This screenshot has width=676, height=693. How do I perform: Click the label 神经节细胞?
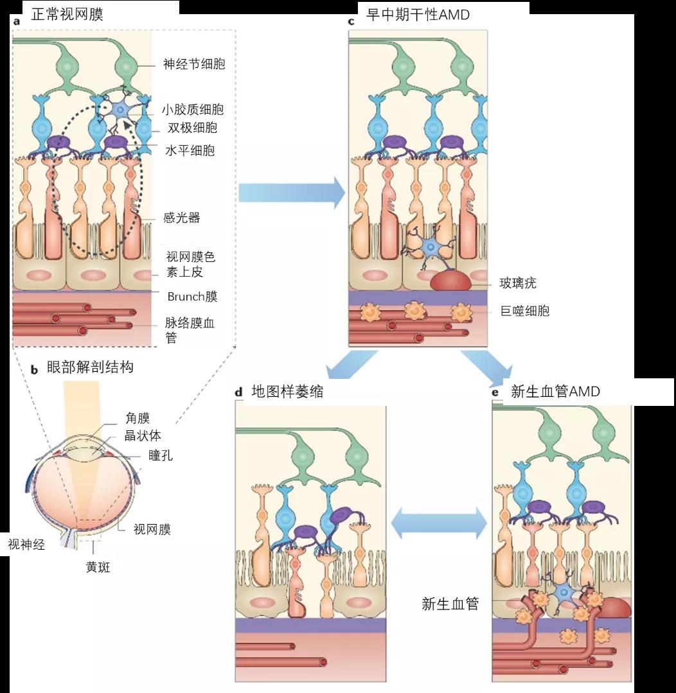click(x=193, y=64)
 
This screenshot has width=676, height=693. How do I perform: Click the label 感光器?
click(x=182, y=218)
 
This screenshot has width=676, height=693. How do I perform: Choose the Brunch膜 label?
click(x=192, y=296)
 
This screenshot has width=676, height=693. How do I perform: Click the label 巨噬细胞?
click(x=525, y=311)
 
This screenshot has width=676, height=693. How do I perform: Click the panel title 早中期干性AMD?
click(x=418, y=15)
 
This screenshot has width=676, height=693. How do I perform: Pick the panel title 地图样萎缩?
click(x=287, y=392)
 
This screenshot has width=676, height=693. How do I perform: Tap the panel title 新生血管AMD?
click(x=555, y=392)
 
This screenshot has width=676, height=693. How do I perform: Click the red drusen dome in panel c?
click(x=450, y=279)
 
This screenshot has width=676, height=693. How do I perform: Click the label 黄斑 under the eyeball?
click(x=98, y=567)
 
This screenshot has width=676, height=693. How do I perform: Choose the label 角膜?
click(x=138, y=419)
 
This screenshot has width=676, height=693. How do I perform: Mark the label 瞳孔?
click(x=161, y=455)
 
